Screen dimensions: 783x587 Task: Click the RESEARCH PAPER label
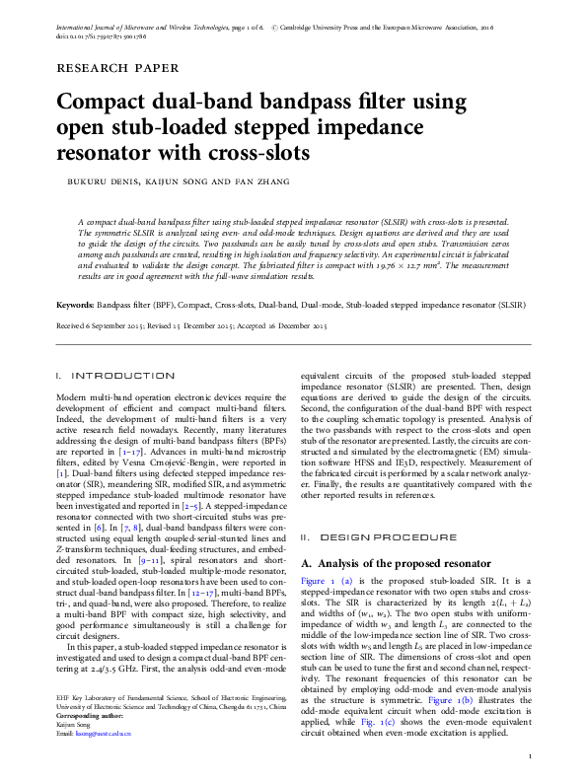coord(118,69)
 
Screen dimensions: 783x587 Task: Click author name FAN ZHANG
coord(235,181)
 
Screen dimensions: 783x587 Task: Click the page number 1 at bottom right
coord(531,757)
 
